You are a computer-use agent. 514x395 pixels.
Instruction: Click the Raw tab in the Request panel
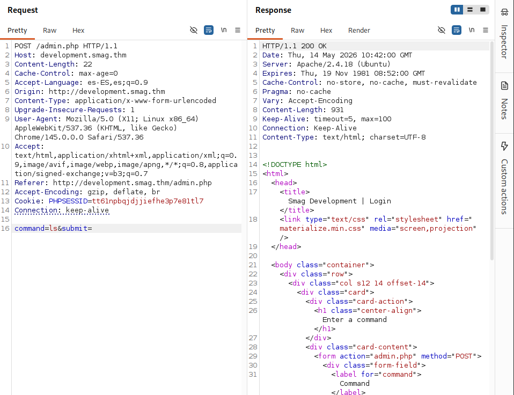[x=49, y=31]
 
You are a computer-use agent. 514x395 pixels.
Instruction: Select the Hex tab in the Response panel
[x=326, y=31]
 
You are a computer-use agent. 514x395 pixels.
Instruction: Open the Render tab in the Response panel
[x=359, y=31]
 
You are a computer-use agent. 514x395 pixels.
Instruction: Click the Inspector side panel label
[x=504, y=42]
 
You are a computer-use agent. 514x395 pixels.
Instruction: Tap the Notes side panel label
[x=504, y=109]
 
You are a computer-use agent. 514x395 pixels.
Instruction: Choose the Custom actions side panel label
[x=504, y=187]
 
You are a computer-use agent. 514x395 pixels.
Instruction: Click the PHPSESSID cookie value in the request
[x=148, y=201]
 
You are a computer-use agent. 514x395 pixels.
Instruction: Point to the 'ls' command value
[x=54, y=228]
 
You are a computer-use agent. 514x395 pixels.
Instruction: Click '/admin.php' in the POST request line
[x=57, y=46]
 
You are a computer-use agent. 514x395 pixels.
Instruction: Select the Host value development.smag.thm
[x=83, y=55]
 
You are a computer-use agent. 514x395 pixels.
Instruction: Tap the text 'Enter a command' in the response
[x=354, y=320]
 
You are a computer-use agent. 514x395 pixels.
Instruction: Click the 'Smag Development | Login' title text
[x=339, y=201]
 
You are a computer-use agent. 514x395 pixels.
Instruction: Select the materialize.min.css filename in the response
[x=320, y=228]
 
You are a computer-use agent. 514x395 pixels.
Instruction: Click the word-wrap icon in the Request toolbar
[x=209, y=30]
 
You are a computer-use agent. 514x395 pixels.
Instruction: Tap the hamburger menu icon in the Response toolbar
[x=486, y=30]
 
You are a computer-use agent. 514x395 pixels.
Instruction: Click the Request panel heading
[x=23, y=10]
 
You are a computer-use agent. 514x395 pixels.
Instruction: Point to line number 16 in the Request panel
[x=5, y=228]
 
